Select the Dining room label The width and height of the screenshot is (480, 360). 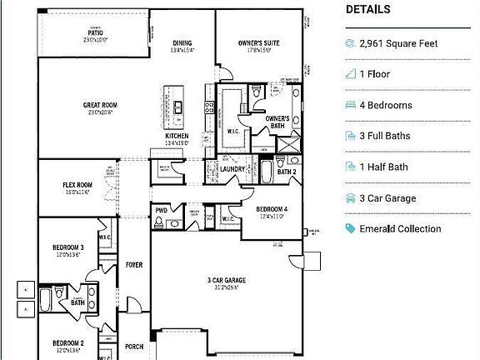182,43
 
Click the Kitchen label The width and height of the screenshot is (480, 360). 176,136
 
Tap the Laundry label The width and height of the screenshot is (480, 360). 232,169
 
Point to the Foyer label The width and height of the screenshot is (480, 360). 134,265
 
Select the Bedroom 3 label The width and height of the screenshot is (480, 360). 68,247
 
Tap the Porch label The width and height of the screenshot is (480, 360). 134,347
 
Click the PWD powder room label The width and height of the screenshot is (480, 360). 159,211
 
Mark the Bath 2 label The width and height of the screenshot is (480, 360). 286,172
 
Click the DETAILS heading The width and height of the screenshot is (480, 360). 367,10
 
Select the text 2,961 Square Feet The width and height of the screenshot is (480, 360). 397,43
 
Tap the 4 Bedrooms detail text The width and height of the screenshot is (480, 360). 385,106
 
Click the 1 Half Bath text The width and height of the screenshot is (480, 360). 383,167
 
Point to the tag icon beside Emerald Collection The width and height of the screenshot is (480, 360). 351,229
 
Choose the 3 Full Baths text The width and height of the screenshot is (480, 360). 387,136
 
